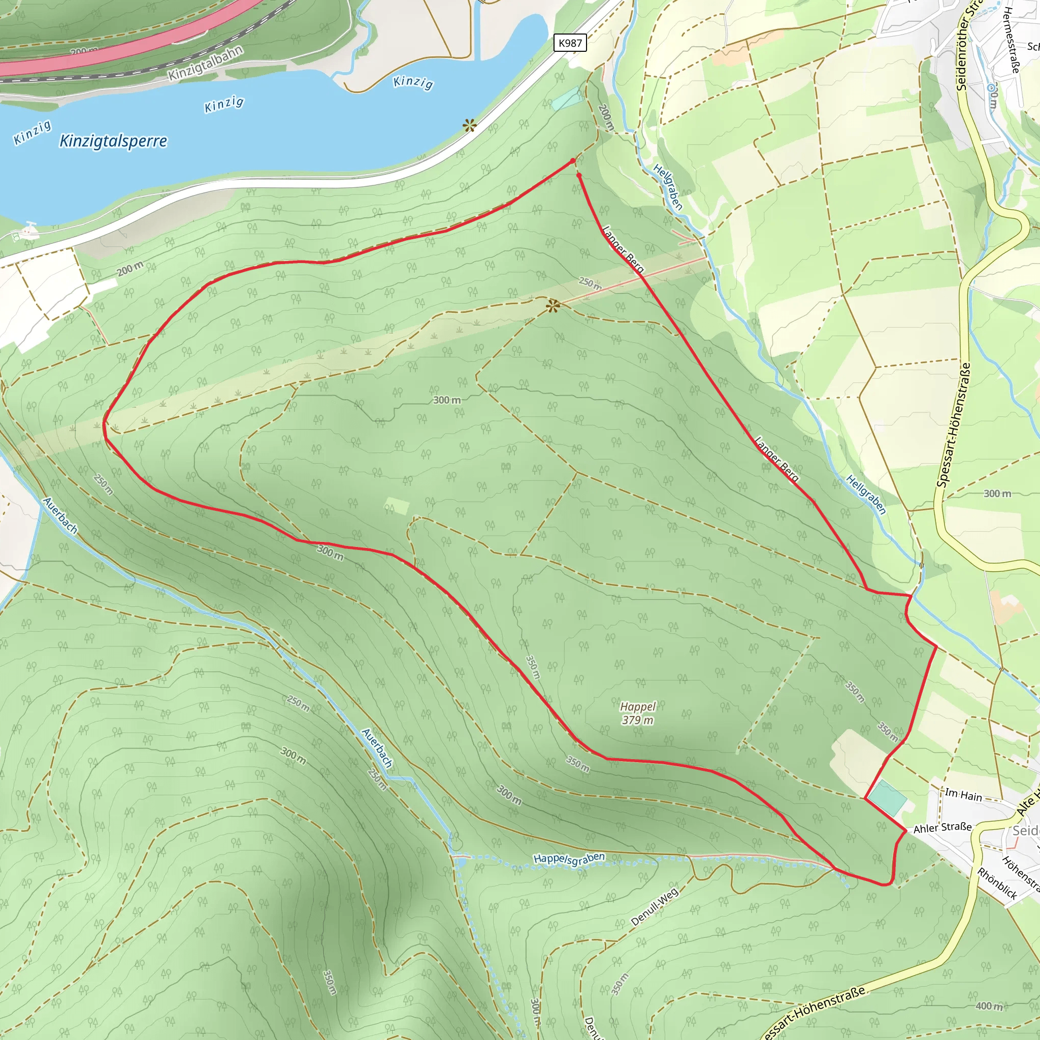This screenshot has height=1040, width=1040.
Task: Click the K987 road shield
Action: [x=570, y=43]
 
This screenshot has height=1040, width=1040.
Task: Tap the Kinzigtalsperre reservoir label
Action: [x=113, y=141]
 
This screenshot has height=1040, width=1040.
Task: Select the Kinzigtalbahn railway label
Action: [x=206, y=63]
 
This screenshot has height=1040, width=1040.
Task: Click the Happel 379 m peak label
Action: [x=638, y=713]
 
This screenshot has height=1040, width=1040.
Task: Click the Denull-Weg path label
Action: [x=654, y=906]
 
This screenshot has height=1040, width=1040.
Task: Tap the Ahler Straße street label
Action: [x=942, y=828]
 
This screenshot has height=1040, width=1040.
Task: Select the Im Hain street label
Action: [x=963, y=795]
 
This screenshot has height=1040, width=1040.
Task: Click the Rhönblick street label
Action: [x=997, y=884]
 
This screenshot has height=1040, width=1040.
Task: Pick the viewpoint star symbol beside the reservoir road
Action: [x=469, y=126]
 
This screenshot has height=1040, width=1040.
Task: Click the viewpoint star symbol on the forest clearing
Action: [x=553, y=306]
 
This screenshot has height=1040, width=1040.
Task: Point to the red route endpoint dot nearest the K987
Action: [x=572, y=161]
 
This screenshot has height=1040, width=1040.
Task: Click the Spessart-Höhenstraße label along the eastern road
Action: [x=953, y=425]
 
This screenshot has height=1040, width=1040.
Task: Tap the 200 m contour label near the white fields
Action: [x=131, y=269]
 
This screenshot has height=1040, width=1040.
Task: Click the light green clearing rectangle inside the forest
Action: [x=397, y=506]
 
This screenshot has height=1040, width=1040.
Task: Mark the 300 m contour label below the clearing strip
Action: [x=447, y=400]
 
